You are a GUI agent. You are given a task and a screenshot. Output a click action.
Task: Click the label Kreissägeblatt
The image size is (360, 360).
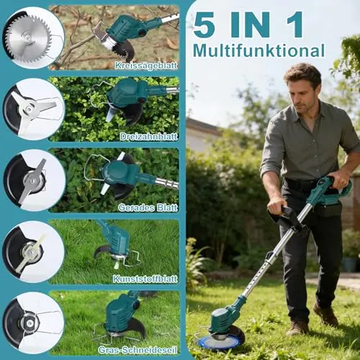(x=146, y=66)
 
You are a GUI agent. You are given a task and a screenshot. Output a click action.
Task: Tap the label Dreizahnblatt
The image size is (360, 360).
(x=149, y=137)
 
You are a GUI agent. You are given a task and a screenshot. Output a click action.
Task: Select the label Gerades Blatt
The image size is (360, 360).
(x=148, y=207)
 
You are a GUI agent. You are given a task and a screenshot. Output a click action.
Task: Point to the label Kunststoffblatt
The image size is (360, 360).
(x=145, y=279)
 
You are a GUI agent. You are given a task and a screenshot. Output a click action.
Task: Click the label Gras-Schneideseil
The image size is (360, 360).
(x=138, y=350)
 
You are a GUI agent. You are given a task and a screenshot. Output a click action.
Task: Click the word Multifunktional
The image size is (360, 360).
(x=258, y=50)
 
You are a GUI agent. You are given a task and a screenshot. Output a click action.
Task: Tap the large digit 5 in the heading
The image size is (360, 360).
(x=204, y=24)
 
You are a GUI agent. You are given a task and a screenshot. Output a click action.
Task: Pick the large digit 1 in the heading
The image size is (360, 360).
(x=294, y=24)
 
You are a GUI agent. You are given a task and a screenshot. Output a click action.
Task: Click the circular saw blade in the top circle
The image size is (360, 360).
(x=28, y=38)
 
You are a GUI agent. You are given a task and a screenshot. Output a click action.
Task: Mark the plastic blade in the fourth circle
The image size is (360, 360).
(x=30, y=252)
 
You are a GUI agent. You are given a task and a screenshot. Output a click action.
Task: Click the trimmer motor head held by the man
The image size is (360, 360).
(x=223, y=318)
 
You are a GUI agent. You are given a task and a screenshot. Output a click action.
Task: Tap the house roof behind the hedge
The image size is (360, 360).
(x=203, y=127)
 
